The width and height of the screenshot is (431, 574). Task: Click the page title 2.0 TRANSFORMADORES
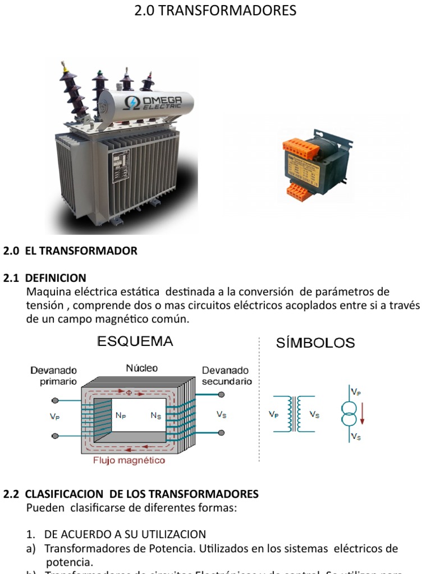point(215,10)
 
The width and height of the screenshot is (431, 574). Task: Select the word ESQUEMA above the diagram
point(135,341)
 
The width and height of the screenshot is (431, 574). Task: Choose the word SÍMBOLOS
point(315,342)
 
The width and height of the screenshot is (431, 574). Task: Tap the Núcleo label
point(142,368)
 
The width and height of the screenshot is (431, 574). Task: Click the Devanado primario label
point(54,376)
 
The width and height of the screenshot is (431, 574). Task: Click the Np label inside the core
point(121,415)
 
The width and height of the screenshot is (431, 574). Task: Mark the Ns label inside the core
point(155,415)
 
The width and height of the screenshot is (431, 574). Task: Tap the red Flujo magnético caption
point(129,460)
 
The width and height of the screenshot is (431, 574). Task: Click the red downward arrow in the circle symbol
point(363,415)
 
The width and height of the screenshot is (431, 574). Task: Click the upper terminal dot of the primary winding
point(54,400)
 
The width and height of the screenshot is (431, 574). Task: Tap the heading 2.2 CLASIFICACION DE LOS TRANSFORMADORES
point(131,494)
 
